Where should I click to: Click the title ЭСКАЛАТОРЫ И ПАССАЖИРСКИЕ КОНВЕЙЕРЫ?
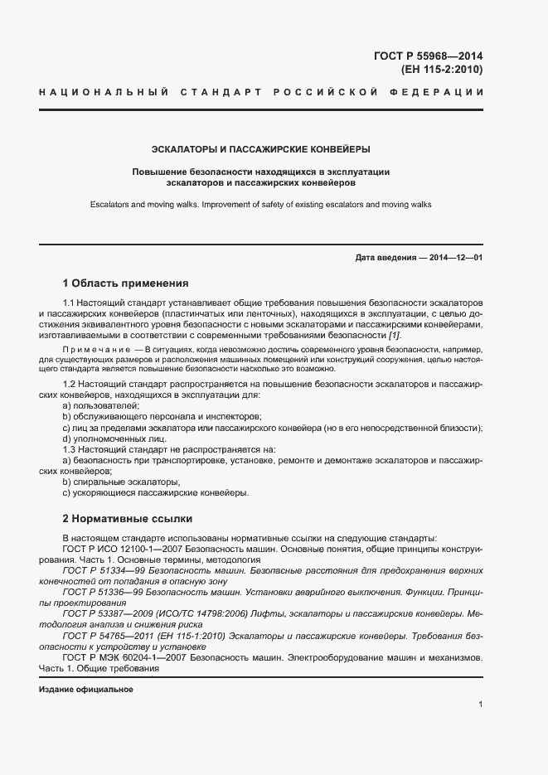260,150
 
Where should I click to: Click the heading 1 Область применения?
125,283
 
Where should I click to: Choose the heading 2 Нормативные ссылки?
127,519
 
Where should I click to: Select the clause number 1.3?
70,448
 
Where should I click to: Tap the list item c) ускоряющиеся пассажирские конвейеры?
155,492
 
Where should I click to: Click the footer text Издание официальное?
85,689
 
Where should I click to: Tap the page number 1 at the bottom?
481,705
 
